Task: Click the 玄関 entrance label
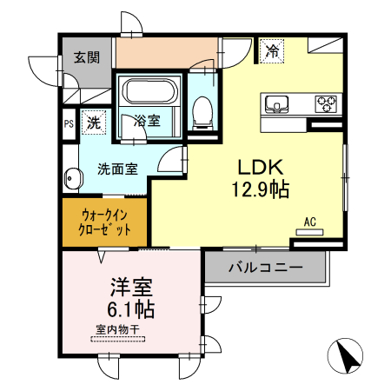(x=86, y=57)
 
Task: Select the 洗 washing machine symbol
(x=93, y=123)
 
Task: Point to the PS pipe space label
(x=68, y=123)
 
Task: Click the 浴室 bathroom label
(x=146, y=122)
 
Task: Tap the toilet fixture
(x=203, y=109)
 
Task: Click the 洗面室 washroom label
(x=116, y=169)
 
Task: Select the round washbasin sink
(x=71, y=180)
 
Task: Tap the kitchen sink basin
(x=277, y=104)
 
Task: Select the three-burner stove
(x=328, y=103)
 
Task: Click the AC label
(x=309, y=222)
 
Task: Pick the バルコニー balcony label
(x=265, y=267)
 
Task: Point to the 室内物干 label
(x=116, y=329)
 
